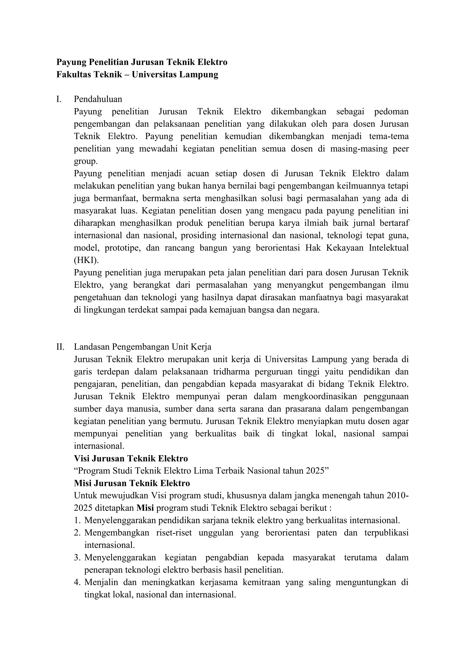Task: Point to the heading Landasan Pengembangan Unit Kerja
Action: (143, 347)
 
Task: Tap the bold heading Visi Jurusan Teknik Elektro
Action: (131, 458)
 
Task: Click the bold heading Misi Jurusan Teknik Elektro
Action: (132, 483)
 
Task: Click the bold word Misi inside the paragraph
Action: (145, 508)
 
